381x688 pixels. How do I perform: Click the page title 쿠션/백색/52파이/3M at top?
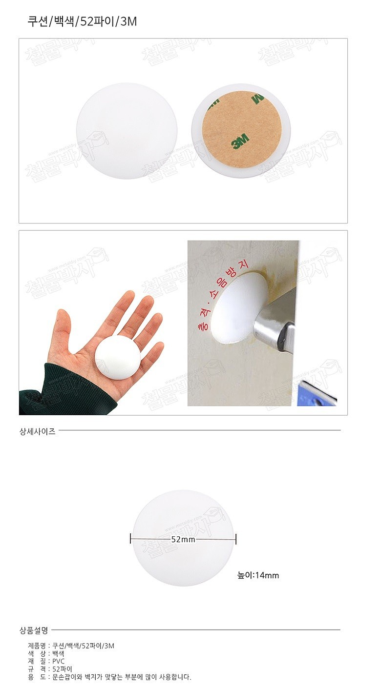tap(82, 21)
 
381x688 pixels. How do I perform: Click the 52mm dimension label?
tap(183, 539)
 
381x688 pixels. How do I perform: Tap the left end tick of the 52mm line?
tap(131, 539)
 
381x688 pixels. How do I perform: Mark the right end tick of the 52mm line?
tap(236, 539)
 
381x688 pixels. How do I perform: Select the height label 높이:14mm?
tap(258, 575)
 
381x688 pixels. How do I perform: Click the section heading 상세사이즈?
tap(37, 431)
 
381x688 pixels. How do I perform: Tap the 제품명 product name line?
tap(71, 646)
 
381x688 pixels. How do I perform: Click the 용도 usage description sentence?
tap(122, 677)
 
